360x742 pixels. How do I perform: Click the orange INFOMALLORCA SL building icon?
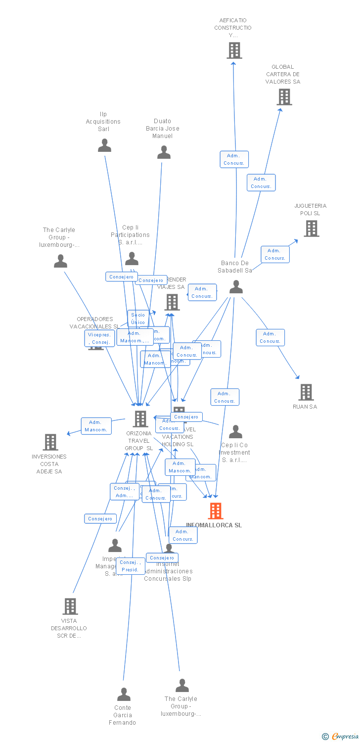(216, 511)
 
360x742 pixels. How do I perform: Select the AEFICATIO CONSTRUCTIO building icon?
(234, 50)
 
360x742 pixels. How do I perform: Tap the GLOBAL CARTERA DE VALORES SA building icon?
(284, 97)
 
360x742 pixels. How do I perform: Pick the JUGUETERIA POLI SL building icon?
(311, 229)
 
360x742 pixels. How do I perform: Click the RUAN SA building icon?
(306, 392)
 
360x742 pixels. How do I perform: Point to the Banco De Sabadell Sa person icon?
(236, 287)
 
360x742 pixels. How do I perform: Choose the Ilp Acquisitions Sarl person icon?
(104, 145)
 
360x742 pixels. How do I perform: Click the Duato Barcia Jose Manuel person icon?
(164, 152)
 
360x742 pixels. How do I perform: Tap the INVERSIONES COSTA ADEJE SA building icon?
(50, 442)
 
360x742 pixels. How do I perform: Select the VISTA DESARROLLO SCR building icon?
(70, 606)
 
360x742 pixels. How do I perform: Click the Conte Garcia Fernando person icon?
(124, 695)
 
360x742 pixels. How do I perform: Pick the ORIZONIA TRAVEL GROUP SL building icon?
(140, 419)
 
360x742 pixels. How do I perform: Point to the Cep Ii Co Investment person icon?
(235, 432)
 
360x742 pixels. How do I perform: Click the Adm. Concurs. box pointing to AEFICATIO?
(234, 159)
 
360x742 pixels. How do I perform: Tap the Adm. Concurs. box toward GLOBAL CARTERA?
(261, 183)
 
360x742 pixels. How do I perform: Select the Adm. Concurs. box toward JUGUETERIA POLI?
(275, 254)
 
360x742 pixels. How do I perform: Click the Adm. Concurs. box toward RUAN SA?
(270, 337)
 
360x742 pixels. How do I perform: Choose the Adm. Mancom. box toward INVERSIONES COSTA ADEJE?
(96, 426)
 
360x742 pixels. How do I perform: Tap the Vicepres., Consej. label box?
(99, 338)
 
